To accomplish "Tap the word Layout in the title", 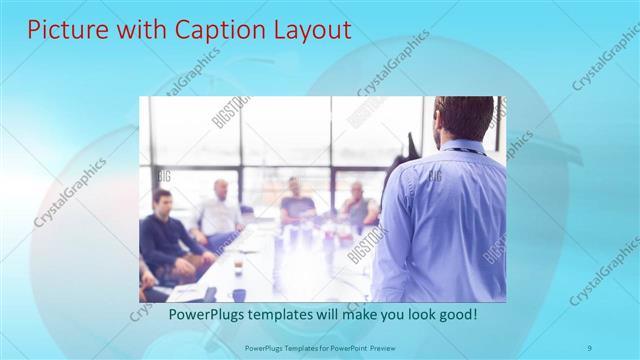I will point(303,30).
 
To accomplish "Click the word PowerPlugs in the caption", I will point(206,314).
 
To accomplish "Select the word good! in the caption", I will point(456,314).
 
